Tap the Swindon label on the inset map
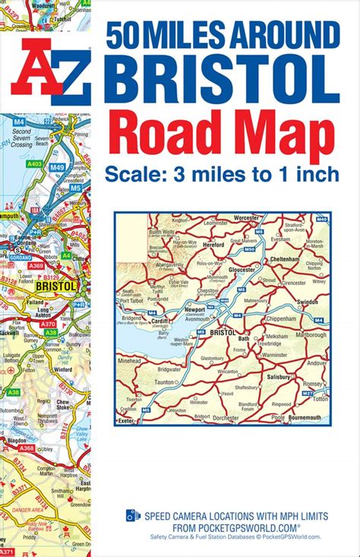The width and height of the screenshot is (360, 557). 308,302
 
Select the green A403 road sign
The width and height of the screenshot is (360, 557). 35,163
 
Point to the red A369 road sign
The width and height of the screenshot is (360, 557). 36,264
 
